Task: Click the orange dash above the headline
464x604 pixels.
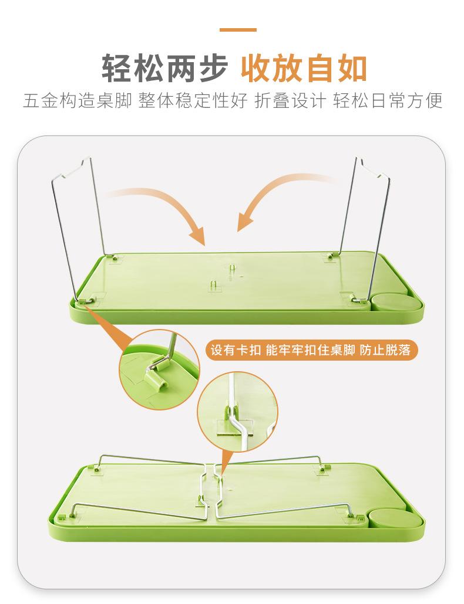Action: tap(238, 30)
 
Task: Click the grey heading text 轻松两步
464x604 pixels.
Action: tap(165, 69)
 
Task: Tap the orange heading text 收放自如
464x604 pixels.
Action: tap(304, 69)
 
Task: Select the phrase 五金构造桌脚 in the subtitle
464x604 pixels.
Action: tap(77, 101)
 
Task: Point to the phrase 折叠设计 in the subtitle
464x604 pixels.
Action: tap(290, 101)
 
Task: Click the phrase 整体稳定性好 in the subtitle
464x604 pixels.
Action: tap(193, 101)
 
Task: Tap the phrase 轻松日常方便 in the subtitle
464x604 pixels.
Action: tap(388, 101)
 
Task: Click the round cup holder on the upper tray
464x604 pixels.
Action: tap(388, 301)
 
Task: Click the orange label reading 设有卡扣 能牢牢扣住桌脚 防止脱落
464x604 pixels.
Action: tap(312, 350)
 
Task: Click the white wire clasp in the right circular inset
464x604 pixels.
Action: tap(236, 416)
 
